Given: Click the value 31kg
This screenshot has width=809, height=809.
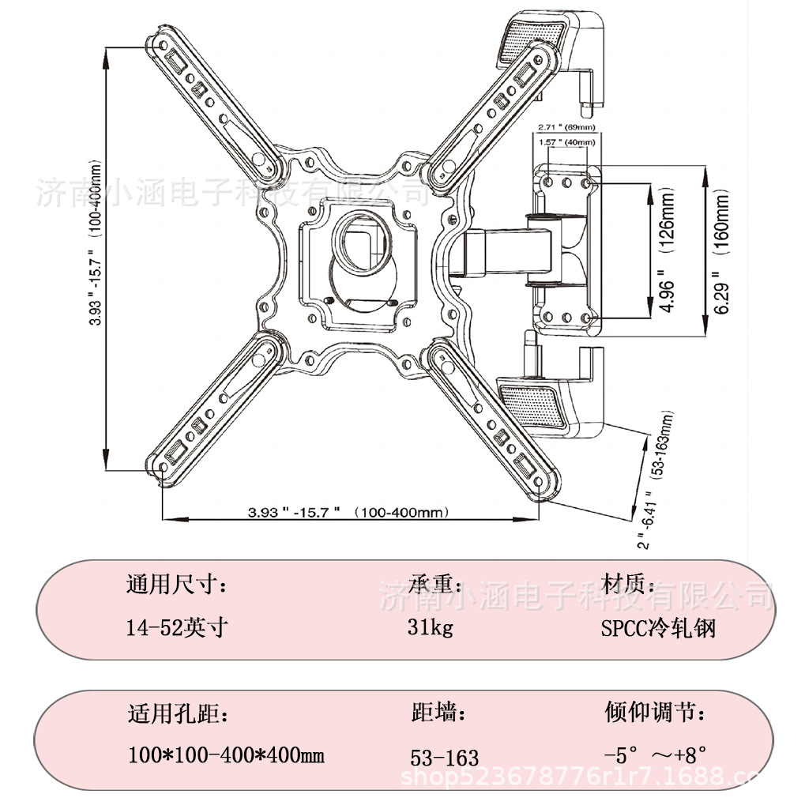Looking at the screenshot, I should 431,628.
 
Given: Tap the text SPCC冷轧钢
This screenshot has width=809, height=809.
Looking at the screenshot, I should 658,628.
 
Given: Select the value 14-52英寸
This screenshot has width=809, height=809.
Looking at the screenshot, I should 177,628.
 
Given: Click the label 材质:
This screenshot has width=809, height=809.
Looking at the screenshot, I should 628,585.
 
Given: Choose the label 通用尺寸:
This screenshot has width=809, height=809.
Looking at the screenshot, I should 177,585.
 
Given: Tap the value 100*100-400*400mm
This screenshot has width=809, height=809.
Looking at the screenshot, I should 226,755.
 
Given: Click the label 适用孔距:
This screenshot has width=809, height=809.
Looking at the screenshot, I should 179,714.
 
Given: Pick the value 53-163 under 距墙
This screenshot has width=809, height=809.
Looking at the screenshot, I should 445,758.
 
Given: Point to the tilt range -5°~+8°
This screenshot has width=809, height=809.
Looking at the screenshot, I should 654,755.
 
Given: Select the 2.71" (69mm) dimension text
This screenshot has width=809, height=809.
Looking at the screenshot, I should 566,128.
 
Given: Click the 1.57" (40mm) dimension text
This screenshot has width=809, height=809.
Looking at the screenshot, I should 566,142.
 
